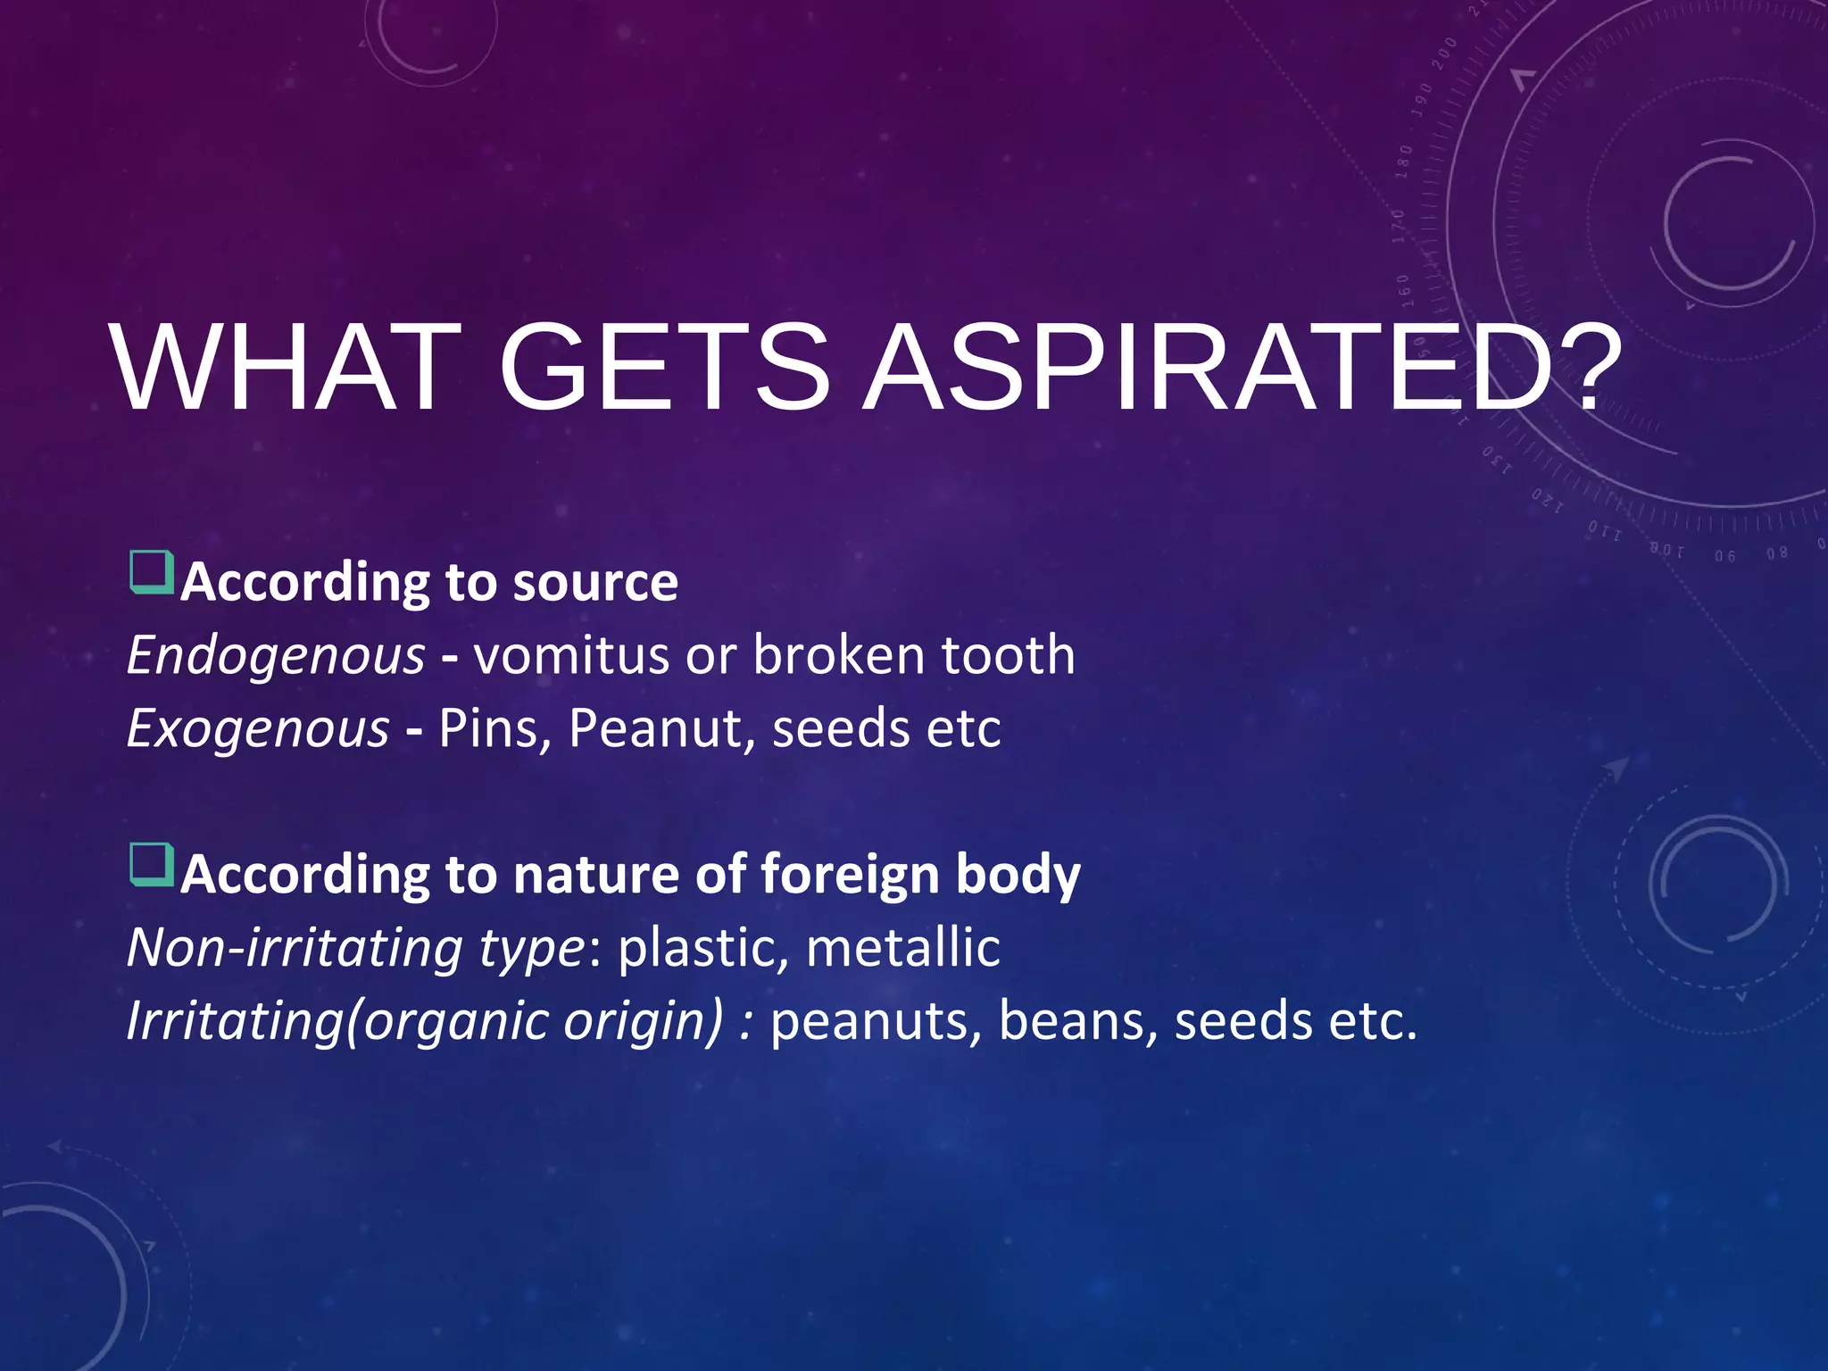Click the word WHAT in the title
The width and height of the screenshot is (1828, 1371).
286,368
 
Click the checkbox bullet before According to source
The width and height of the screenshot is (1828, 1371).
151,573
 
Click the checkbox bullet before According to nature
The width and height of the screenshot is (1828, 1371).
151,864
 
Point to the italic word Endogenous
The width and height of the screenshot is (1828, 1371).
275,656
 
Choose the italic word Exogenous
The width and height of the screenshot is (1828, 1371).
257,729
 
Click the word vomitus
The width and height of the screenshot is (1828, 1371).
571,656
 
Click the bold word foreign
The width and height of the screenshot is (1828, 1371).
850,875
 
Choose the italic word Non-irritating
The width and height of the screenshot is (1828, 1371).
295,948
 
